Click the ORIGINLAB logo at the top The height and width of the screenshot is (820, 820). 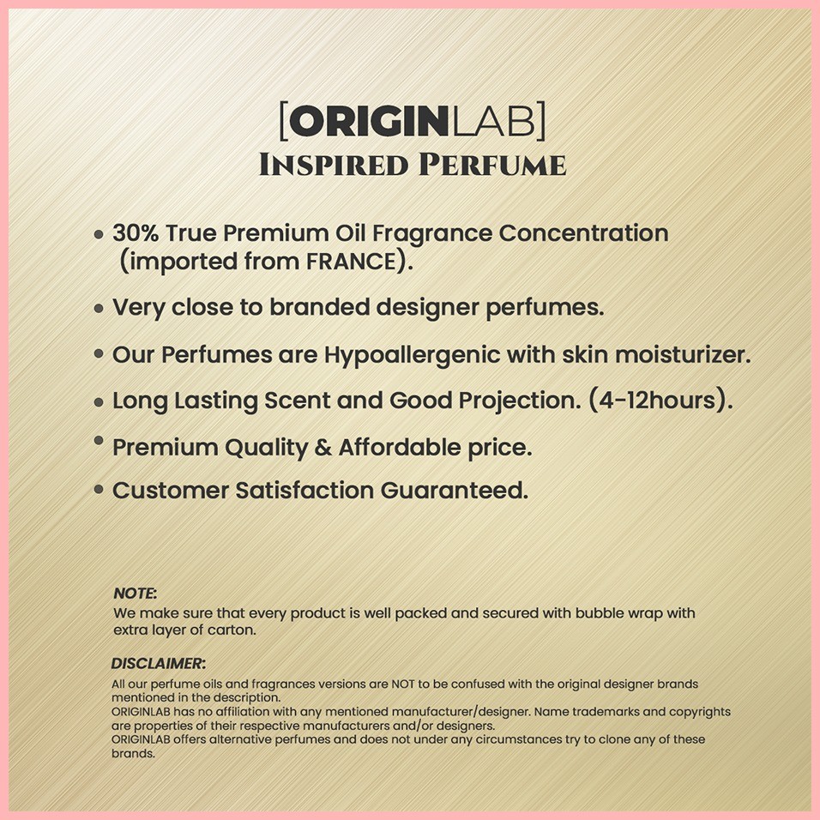(413, 121)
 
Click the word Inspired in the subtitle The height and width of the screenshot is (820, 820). (334, 165)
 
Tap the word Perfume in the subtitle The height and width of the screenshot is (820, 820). (492, 165)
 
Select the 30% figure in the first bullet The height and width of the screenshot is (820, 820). (136, 232)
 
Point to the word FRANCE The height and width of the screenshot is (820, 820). (351, 262)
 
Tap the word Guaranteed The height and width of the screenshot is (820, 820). (455, 491)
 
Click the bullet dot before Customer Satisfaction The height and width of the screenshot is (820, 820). (99, 490)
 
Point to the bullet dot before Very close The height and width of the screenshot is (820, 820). (99, 309)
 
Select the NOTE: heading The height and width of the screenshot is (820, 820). (135, 593)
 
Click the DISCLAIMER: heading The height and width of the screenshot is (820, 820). (159, 663)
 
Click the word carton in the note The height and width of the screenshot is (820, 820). (232, 630)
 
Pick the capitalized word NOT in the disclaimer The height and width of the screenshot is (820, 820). (402, 684)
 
